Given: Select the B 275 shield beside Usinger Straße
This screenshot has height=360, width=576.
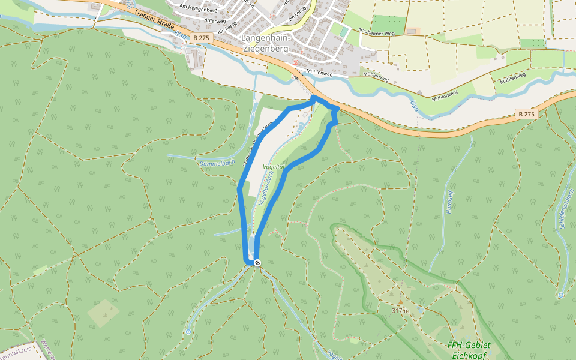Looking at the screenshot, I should point(200,37).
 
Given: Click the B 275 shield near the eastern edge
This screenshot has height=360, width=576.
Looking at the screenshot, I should point(526,114).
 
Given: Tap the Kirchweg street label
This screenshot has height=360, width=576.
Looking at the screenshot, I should point(228,28).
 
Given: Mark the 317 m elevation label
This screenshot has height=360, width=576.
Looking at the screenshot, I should point(400,310).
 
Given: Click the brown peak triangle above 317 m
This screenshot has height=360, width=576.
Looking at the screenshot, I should point(400,301).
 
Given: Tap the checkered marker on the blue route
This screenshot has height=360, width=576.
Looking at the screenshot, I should point(257,263).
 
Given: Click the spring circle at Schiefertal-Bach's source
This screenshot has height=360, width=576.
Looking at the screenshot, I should point(560,295).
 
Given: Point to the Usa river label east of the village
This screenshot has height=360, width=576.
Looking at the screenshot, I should point(414,107).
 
